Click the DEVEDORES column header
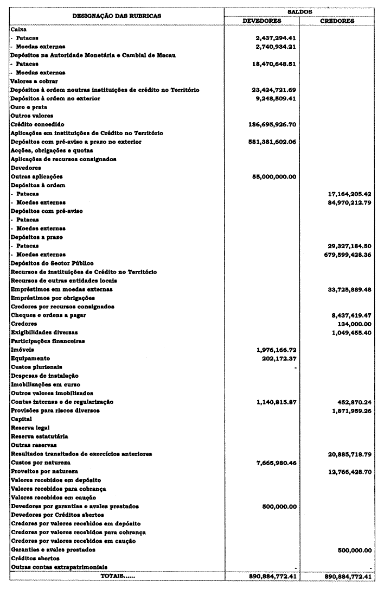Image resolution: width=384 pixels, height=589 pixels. click(261, 21)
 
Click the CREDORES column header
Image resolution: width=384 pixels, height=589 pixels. click(337, 21)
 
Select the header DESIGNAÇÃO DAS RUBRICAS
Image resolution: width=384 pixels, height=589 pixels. click(117, 16)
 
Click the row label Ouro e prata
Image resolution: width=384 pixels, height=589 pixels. click(27, 107)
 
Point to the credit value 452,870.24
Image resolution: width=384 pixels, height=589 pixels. click(351, 402)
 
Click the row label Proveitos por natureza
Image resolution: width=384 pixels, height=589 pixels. click(44, 471)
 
